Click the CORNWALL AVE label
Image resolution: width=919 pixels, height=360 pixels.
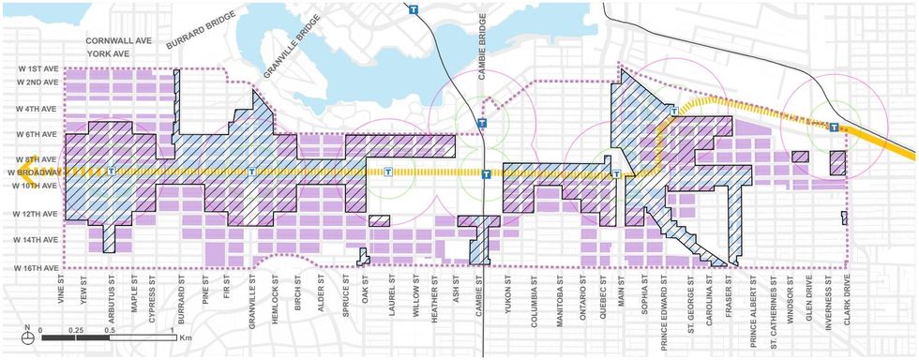click(x=119, y=42)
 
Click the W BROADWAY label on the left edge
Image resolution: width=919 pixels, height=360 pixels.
click(x=31, y=172)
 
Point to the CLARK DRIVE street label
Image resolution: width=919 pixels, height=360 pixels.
click(x=849, y=296)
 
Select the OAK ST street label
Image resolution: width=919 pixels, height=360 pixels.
click(x=366, y=291)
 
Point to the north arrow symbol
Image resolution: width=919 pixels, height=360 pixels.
click(x=28, y=330)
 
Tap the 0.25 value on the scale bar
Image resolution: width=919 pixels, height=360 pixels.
click(x=76, y=330)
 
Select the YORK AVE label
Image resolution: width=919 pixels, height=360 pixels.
click(x=106, y=54)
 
